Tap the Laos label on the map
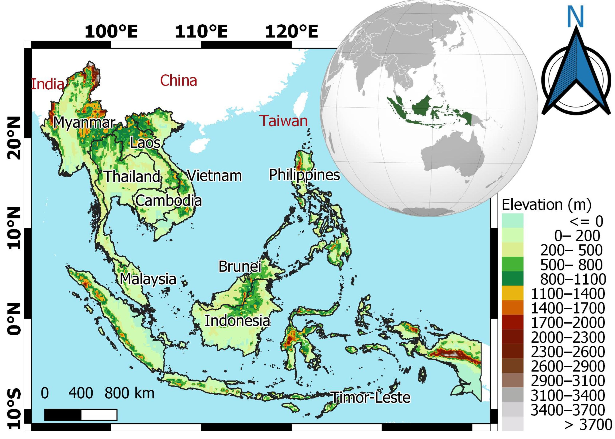(x=145, y=143)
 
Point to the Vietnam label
(x=215, y=175)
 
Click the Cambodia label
(x=169, y=201)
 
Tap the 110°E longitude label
(x=201, y=31)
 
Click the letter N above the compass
(x=575, y=17)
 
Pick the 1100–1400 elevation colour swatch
(x=512, y=293)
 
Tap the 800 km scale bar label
(x=130, y=393)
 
